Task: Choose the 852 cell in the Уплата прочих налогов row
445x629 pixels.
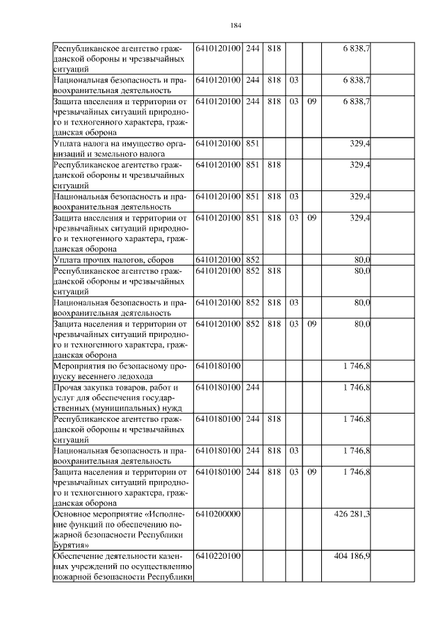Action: (x=253, y=260)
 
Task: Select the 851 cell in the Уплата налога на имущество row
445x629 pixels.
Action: (x=253, y=143)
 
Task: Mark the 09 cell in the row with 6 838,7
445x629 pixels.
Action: (x=312, y=101)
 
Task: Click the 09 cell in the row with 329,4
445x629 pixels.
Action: (x=312, y=218)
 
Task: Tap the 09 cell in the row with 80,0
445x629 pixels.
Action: (x=312, y=324)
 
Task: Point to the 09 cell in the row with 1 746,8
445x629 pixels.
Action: (x=312, y=472)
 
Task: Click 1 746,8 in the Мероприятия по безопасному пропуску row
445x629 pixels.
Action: (x=356, y=364)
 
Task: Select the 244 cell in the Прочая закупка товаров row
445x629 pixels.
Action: (x=253, y=386)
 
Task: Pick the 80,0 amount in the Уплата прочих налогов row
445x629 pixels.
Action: (x=362, y=260)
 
